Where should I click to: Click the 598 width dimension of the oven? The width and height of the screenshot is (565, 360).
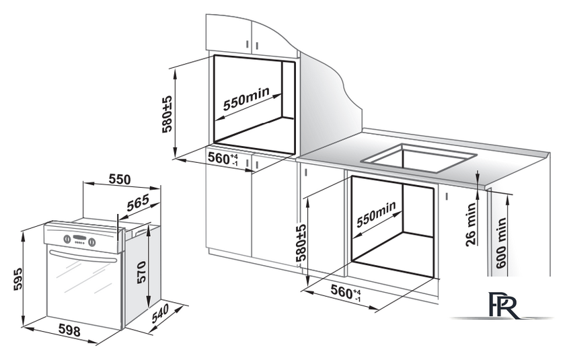click(x=69, y=330)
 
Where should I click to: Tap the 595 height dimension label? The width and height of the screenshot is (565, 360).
click(x=17, y=279)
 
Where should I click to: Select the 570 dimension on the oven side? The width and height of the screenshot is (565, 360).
click(x=141, y=273)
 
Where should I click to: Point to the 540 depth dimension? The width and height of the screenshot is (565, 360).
click(x=160, y=314)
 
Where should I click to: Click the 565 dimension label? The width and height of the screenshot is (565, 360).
click(x=138, y=203)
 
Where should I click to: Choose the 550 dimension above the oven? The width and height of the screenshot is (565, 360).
click(x=119, y=179)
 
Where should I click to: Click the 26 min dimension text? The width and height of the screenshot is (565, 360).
click(x=471, y=224)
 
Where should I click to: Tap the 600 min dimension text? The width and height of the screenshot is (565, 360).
click(x=501, y=243)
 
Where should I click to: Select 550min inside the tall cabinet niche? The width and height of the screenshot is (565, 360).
click(x=246, y=99)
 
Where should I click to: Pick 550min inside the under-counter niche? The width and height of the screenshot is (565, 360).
click(x=376, y=215)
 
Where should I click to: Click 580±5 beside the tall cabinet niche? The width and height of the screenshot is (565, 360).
click(x=167, y=114)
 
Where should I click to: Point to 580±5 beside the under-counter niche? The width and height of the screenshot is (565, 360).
click(x=301, y=243)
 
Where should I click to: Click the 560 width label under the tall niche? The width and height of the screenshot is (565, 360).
click(x=223, y=159)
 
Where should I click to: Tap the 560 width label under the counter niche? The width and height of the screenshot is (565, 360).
click(x=346, y=292)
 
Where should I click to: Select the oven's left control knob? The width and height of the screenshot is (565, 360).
click(x=67, y=239)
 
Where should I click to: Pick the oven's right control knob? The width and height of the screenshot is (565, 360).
click(x=92, y=242)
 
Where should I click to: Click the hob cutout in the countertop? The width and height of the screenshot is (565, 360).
click(x=419, y=157)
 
